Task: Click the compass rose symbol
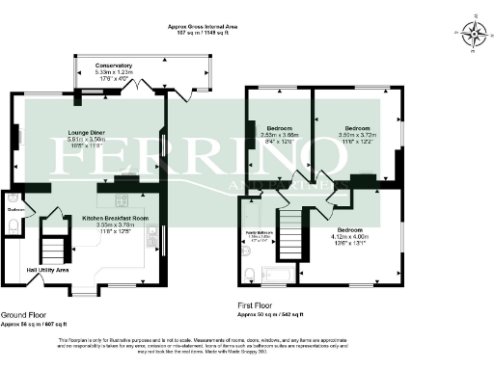coord(473,35)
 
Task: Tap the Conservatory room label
coord(114,66)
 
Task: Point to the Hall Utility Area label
coord(47,270)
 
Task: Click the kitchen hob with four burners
coord(123,200)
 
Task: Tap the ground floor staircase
coord(53,239)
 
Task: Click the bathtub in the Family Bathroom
coord(279,277)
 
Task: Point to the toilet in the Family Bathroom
coord(247,251)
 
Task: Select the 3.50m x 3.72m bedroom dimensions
coord(358,137)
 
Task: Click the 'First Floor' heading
coord(258,306)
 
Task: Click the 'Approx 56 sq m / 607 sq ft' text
coord(34,324)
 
